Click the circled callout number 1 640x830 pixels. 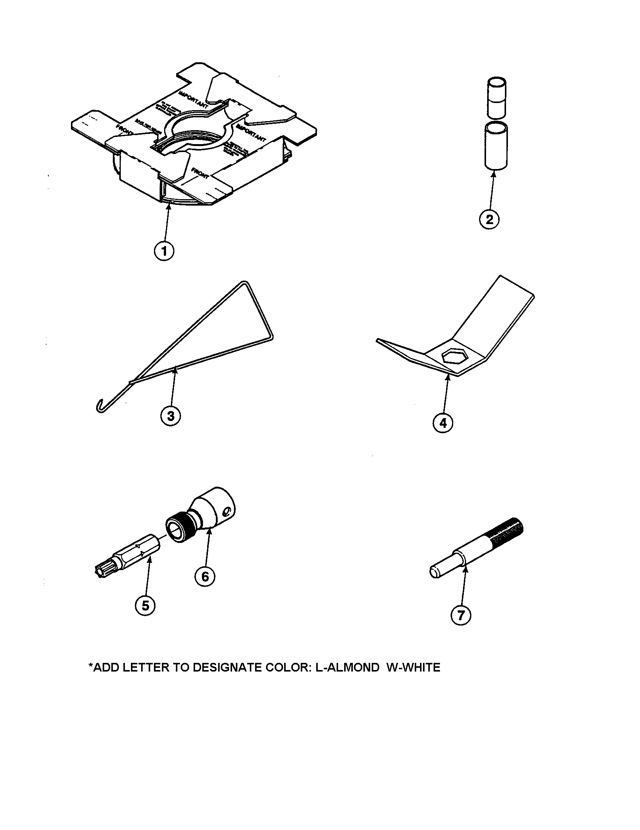164,251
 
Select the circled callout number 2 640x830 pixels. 489,219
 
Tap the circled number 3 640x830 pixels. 171,416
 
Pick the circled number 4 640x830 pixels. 443,423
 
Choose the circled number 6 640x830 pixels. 205,576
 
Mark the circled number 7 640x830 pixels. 461,615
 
